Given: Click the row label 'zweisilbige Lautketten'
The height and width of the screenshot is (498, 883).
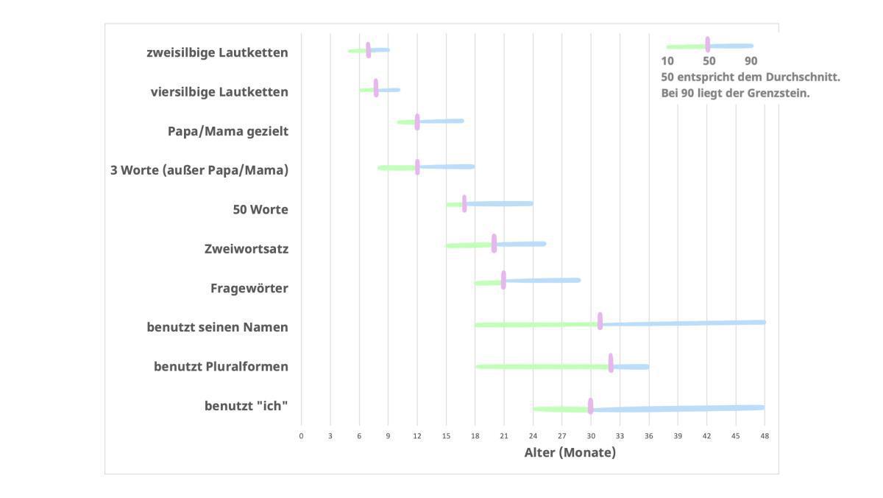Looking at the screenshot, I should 217,52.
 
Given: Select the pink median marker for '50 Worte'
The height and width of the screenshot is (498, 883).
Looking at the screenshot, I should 464,203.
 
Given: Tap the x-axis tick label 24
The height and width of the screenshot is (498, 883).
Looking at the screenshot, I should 533,436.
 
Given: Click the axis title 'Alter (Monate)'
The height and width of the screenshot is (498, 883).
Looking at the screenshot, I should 570,452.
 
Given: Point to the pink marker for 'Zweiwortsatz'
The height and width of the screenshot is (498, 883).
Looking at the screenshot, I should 494,243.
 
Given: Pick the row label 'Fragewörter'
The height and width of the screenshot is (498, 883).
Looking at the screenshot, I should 249,288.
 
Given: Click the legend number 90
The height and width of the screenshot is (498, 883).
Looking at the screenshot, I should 751,61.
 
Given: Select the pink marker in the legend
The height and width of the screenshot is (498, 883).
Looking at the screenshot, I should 707,45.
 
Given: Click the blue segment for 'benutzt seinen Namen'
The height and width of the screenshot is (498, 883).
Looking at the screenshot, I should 684,323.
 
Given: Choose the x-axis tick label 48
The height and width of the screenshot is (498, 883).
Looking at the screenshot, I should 765,436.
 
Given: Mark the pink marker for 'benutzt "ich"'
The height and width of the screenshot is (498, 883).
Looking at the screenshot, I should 590,406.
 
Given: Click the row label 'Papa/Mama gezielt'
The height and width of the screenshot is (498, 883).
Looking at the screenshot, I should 227,131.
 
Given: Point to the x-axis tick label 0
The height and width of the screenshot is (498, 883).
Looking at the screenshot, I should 301,436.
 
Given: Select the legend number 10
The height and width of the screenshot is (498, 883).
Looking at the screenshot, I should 667,61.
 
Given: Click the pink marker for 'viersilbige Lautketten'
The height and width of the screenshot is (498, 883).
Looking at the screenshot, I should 376,88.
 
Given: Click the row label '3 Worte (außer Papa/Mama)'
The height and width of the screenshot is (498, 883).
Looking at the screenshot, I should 199,170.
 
